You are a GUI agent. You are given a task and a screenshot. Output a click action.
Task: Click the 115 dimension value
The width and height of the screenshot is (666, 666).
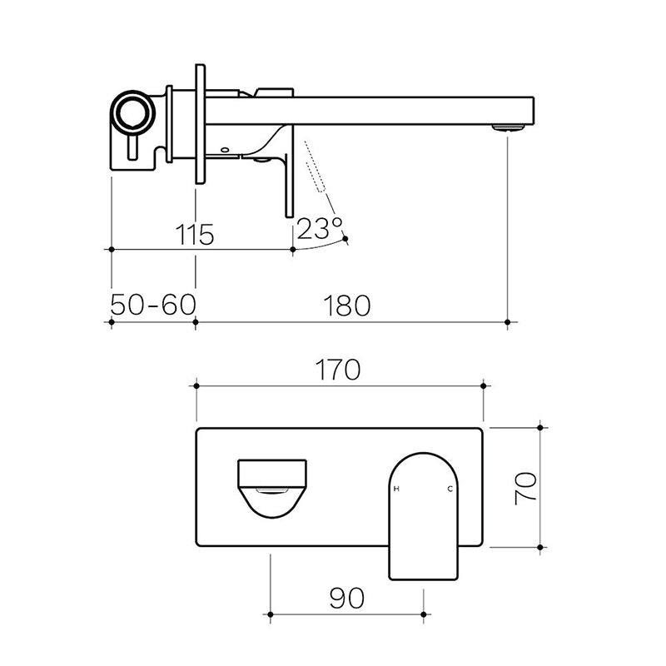click(x=196, y=234)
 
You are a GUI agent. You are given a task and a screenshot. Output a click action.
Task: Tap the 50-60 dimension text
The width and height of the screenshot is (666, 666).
click(x=153, y=306)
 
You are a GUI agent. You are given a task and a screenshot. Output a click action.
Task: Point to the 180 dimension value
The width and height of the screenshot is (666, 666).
click(x=350, y=306)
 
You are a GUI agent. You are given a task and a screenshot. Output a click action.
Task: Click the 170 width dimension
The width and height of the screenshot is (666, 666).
click(x=339, y=369)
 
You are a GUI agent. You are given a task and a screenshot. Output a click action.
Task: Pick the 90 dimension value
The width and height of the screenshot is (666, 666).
click(x=346, y=598)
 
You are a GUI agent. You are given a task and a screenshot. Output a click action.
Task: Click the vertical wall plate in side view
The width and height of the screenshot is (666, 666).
click(x=200, y=123)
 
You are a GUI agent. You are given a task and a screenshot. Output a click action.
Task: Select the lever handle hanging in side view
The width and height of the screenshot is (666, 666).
click(x=289, y=179)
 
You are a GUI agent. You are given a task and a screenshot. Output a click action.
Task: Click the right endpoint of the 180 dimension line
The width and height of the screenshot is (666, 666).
click(x=508, y=321)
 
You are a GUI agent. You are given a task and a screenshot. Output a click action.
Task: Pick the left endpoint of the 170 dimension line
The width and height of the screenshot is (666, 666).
click(x=196, y=385)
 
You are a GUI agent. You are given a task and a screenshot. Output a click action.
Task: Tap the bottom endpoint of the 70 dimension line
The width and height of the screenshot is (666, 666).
click(x=542, y=547)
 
